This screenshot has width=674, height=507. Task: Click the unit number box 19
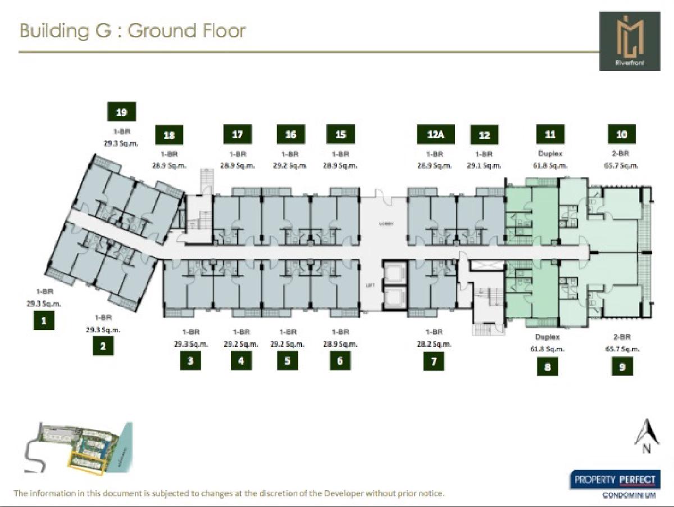[121, 112]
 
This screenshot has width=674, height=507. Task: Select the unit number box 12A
[435, 134]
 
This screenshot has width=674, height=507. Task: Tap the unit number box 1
[44, 321]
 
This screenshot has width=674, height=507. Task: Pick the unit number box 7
[434, 361]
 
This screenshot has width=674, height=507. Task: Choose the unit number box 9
[622, 366]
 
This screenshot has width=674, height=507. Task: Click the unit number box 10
[622, 134]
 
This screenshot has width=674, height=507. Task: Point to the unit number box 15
[340, 134]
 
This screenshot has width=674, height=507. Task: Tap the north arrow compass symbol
[646, 436]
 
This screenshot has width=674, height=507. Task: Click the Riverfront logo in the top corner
[629, 42]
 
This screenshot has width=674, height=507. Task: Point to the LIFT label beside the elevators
[370, 285]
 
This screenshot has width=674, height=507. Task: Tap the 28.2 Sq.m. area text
[434, 344]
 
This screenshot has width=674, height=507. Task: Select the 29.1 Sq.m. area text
[484, 166]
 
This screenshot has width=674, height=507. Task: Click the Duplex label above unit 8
[547, 337]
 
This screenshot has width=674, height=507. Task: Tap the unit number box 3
[190, 361]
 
